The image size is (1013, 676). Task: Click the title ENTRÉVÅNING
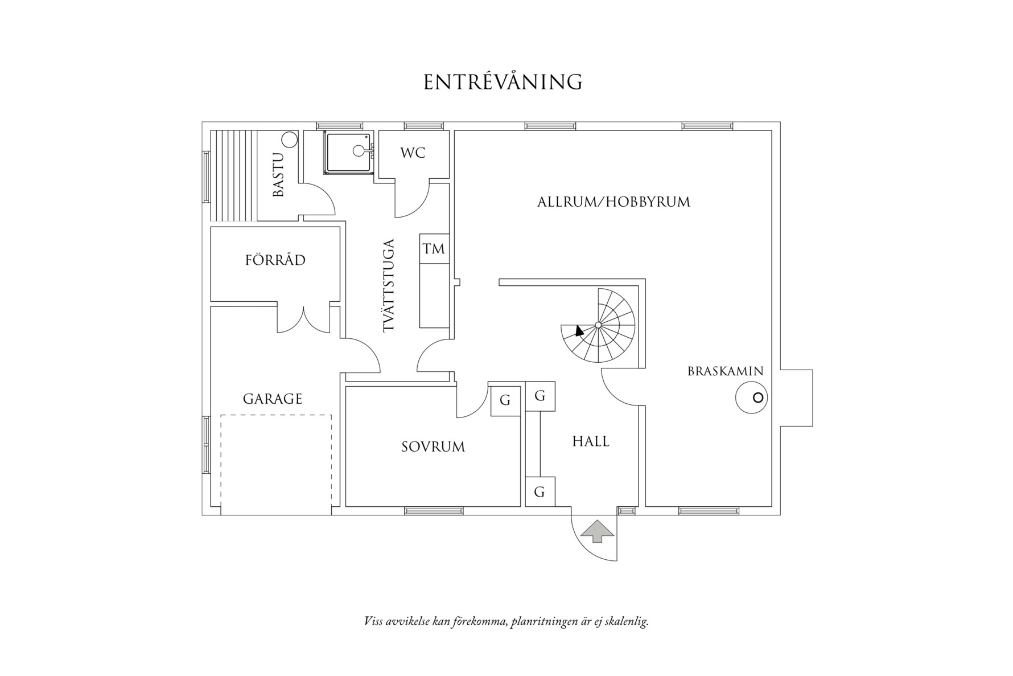[503, 83]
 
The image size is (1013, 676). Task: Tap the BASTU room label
[278, 175]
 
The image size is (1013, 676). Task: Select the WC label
[413, 153]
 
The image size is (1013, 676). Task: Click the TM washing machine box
[434, 249]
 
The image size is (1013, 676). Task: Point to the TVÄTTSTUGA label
[389, 286]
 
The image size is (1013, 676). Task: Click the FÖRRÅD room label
[275, 260]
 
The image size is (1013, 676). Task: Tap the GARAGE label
[272, 399]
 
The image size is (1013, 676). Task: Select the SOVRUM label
[433, 447]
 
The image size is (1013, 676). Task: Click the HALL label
[591, 441]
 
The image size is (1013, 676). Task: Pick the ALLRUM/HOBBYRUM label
[613, 202]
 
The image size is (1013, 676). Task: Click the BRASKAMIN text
[725, 371]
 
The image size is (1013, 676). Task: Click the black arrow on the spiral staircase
[579, 330]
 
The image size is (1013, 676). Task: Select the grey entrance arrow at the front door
[596, 531]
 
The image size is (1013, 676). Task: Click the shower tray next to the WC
[347, 152]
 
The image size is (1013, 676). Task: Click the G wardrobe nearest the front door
[540, 491]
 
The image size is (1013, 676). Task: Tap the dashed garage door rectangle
[276, 464]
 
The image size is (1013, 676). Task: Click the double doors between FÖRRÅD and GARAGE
[304, 320]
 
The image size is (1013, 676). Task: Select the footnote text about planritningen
[506, 621]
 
